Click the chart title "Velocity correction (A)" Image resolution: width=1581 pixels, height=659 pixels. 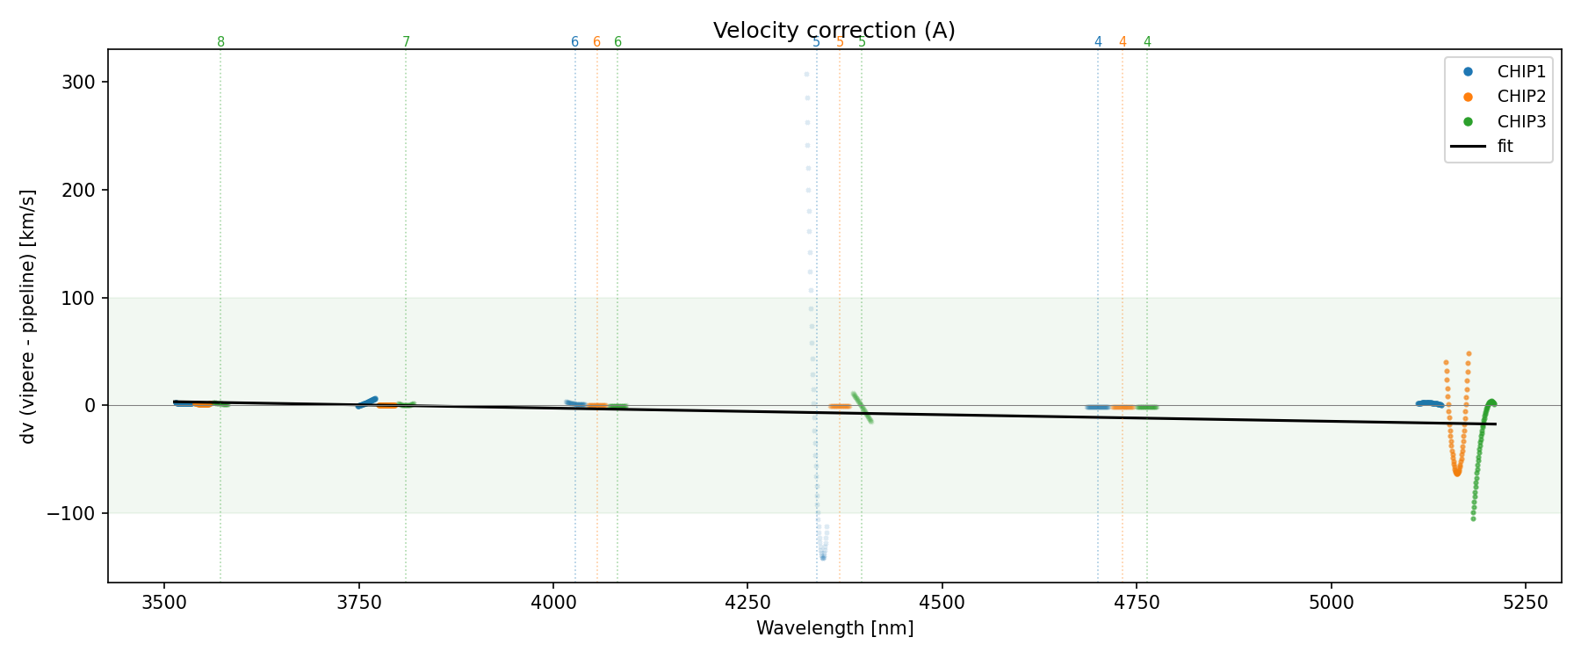[834, 31]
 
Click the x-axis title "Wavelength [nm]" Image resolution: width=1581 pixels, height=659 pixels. [834, 628]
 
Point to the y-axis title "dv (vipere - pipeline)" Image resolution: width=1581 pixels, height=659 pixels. [28, 316]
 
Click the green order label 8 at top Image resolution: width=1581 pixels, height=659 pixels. [220, 42]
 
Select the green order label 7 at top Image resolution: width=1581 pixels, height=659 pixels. [406, 42]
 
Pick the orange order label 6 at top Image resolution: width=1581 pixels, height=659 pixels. [596, 42]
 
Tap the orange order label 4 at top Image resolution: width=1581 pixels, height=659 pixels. [1123, 42]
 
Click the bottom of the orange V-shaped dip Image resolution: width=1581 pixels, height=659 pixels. [1457, 474]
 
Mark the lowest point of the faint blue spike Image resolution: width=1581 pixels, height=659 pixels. [823, 558]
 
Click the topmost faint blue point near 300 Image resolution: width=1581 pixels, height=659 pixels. [806, 75]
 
